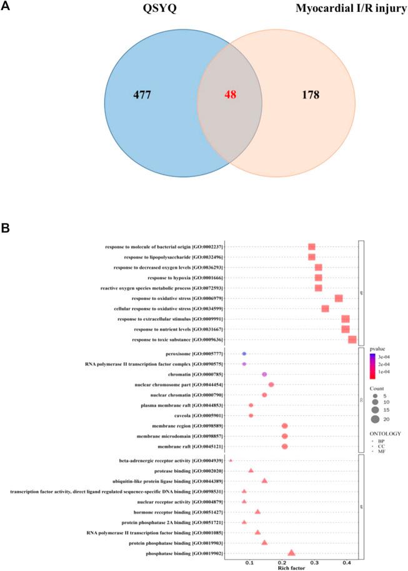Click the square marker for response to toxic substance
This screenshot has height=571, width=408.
[x=352, y=339]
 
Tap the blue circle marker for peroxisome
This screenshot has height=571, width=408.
[x=244, y=354]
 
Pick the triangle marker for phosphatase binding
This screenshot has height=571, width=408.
[x=291, y=552]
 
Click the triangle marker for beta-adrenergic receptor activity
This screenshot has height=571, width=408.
[x=231, y=460]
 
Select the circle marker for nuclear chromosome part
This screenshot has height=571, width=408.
[x=271, y=385]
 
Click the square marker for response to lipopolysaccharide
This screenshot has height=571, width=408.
[x=311, y=257]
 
